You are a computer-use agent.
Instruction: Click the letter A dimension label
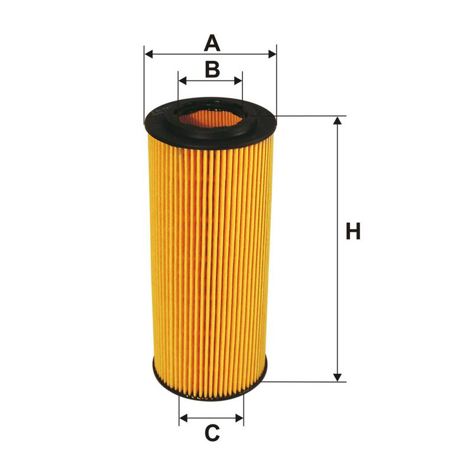212,43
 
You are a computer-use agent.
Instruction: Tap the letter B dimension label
212,69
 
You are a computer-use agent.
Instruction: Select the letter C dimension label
212,433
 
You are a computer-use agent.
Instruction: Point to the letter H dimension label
353,231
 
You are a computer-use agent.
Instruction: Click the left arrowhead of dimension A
149,54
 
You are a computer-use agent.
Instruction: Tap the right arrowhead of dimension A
272,54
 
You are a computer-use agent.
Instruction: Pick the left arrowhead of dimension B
183,81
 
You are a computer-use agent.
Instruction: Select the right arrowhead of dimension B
238,81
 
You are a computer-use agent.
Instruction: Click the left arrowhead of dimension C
184,419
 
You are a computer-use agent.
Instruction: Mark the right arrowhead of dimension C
239,419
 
